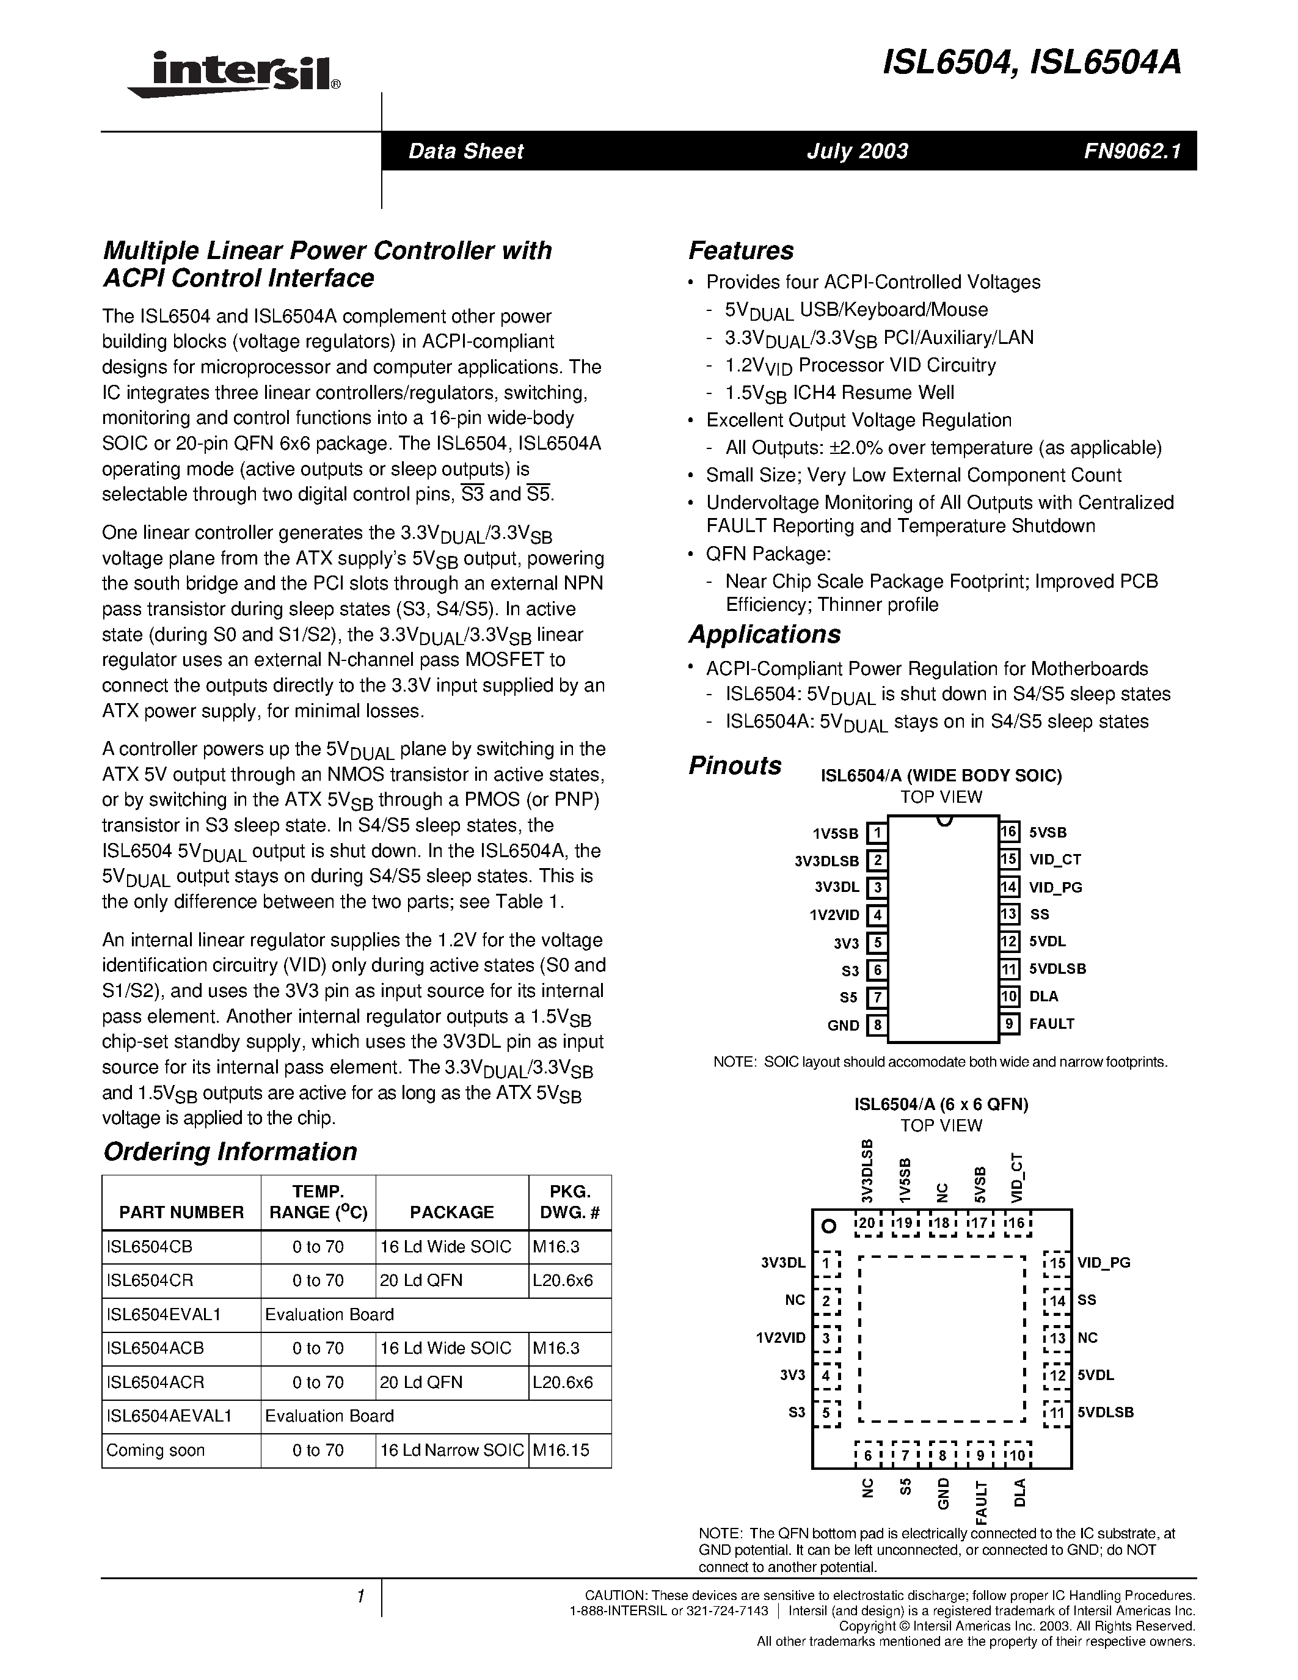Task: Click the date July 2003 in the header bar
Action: tap(856, 151)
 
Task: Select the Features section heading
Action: tap(740, 250)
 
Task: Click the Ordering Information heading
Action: tap(230, 1152)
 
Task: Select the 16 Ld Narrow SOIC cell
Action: tap(451, 1450)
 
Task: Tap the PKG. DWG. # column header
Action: tap(569, 1202)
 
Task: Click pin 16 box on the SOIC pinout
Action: tap(1009, 831)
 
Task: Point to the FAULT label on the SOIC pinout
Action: tap(1051, 1024)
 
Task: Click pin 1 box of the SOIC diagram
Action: tap(877, 833)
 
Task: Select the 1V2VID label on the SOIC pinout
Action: tap(834, 915)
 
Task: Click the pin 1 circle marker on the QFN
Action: tap(828, 1226)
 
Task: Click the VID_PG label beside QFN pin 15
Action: tap(1104, 1262)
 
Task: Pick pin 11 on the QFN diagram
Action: tap(1057, 1412)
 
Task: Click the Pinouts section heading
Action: tap(734, 765)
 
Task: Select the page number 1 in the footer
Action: tap(360, 1597)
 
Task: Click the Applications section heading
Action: tap(764, 635)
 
